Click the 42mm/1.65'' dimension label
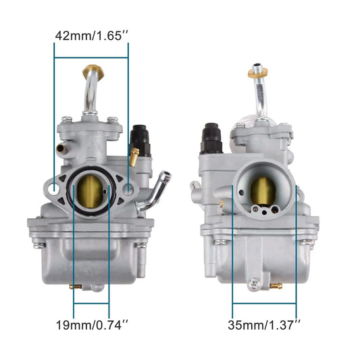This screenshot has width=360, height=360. pos(91,34)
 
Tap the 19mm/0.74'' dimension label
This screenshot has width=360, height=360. pos(91,325)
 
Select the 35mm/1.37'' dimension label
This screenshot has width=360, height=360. pos(265,325)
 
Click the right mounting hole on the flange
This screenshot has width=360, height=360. pos(128,192)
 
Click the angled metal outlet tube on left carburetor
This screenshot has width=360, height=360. pos(159,186)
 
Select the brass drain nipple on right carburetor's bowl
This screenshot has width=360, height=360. pos(276,286)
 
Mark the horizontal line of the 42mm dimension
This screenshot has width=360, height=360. pos(91,58)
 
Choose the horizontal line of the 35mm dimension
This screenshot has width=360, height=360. pos(265,305)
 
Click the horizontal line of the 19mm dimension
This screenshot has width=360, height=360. pos(91,305)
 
